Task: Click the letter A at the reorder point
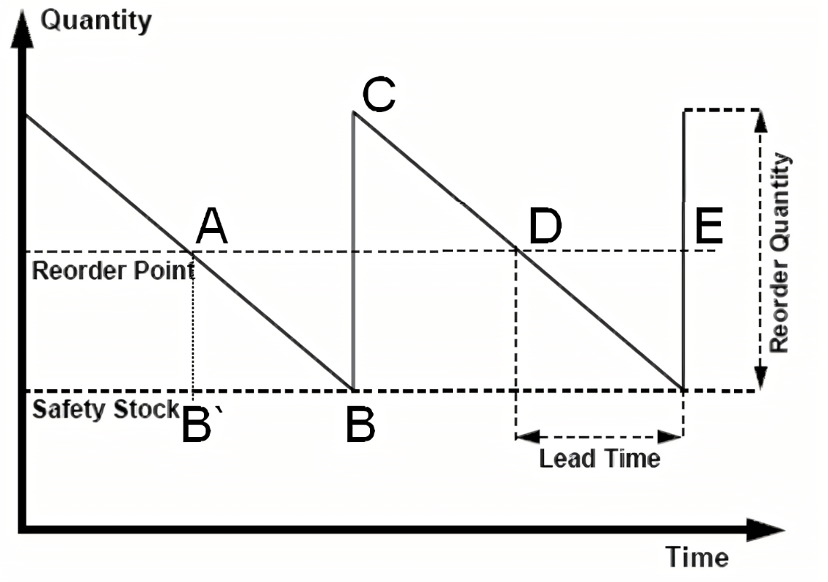pos(212,227)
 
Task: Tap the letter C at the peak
pos(378,95)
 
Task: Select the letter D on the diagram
pos(545,227)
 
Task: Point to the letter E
pos(709,227)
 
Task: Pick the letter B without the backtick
pos(360,426)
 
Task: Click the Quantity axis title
pos(95,20)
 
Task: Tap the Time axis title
pos(697,558)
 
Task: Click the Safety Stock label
pos(106,409)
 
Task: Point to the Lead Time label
pos(599,458)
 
